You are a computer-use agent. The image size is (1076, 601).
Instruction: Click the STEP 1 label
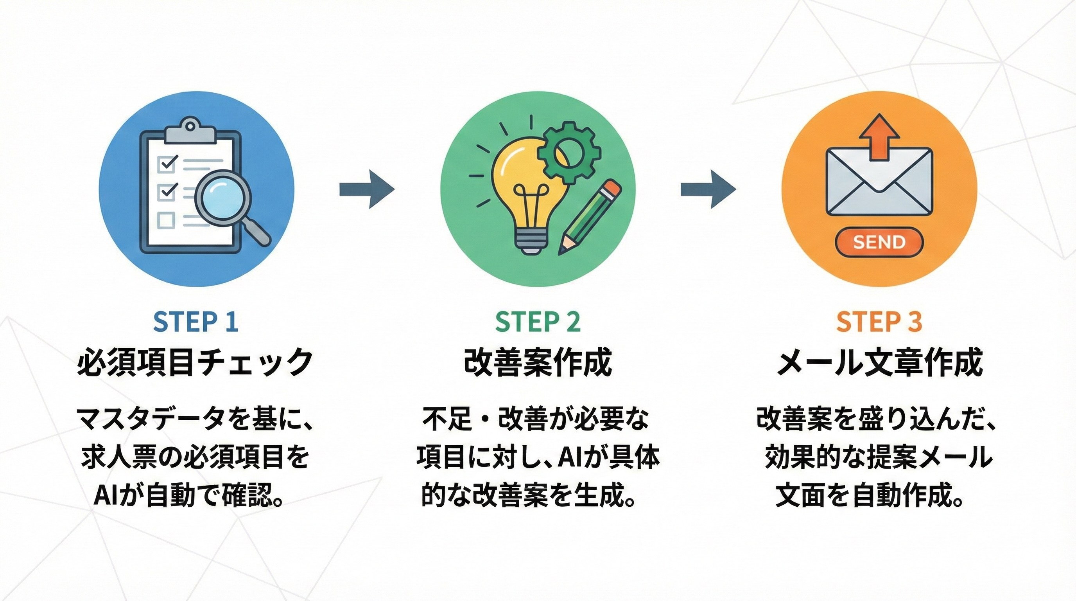(x=195, y=322)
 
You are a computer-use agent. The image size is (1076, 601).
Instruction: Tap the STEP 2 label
(x=538, y=322)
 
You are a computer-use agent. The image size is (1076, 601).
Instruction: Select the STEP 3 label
(x=879, y=322)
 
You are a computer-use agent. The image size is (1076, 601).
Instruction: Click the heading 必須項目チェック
(x=195, y=362)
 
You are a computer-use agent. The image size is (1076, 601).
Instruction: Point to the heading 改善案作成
(x=538, y=362)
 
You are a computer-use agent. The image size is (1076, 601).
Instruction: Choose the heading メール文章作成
(x=879, y=362)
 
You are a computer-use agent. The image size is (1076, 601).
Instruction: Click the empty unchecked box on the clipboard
(x=166, y=220)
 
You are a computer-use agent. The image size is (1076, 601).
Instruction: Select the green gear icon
(x=569, y=153)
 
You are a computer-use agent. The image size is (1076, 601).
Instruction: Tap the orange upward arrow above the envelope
(x=879, y=136)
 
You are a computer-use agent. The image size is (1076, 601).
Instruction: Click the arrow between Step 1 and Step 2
(x=366, y=189)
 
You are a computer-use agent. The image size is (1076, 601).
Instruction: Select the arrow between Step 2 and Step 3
(x=708, y=189)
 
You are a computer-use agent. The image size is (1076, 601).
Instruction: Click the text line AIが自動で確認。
(x=190, y=496)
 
